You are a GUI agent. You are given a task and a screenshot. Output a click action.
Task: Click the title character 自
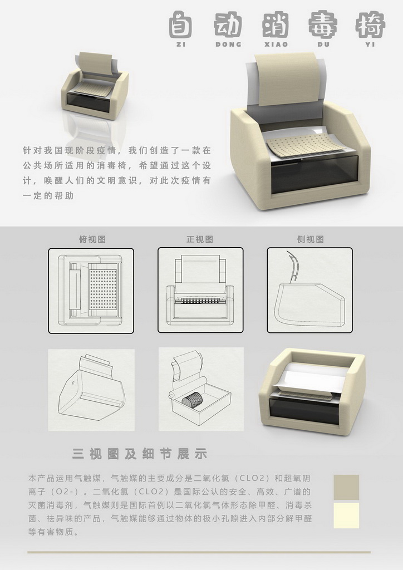click(180, 24)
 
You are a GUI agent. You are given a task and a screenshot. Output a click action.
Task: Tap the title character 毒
click(322, 24)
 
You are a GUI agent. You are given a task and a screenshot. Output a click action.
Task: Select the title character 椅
click(370, 24)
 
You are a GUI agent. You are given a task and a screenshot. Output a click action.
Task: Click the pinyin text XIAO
click(276, 45)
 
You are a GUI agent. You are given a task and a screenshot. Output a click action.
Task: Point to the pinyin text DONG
click(228, 45)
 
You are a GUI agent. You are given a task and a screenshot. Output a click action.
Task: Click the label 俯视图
click(92, 239)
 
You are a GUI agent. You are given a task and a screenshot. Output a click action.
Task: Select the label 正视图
click(199, 239)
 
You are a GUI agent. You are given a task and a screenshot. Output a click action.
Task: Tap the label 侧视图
click(310, 239)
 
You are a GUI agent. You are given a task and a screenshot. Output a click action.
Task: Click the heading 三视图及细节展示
click(140, 454)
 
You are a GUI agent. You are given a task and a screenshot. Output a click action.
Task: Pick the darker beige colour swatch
click(346, 487)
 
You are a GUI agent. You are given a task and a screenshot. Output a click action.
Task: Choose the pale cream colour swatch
click(346, 515)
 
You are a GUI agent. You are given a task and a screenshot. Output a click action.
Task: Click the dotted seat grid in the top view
click(103, 289)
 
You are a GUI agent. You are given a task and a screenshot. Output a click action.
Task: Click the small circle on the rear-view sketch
click(73, 382)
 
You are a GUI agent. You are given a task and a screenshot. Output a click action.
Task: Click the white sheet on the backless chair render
click(312, 378)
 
